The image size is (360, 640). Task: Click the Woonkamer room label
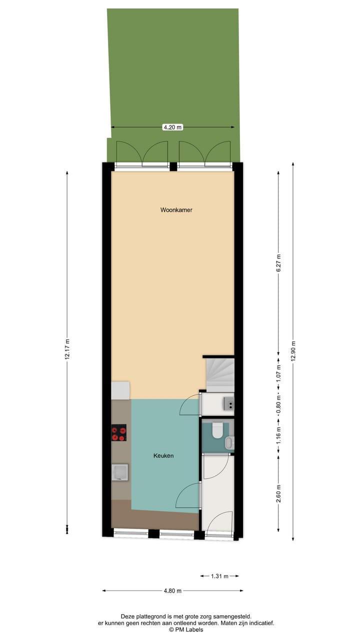point(176,210)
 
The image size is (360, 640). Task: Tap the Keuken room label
point(163,455)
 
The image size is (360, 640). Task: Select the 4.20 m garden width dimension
point(173,127)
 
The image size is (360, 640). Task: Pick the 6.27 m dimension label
point(279,264)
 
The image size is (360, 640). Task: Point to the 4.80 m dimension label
point(173,590)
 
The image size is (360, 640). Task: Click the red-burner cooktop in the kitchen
point(118,432)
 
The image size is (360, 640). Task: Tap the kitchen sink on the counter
point(120,471)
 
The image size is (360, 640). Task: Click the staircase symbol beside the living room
point(219,373)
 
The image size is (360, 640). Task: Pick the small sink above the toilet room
point(228,403)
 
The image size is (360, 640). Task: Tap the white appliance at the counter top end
point(120,390)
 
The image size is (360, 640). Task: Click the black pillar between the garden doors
point(173,166)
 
